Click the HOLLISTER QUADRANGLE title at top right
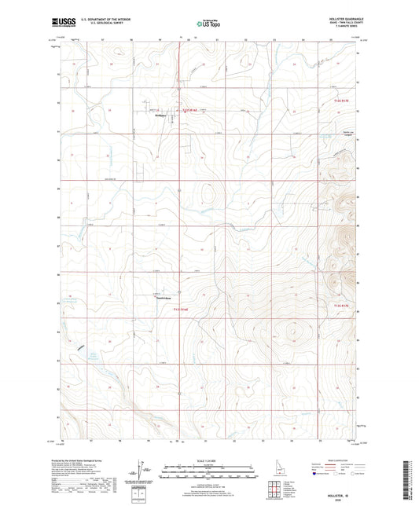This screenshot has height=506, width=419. click(x=339, y=20)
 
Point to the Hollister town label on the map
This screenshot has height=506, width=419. click(x=160, y=117)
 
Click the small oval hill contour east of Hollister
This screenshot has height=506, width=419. click(x=208, y=192)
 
